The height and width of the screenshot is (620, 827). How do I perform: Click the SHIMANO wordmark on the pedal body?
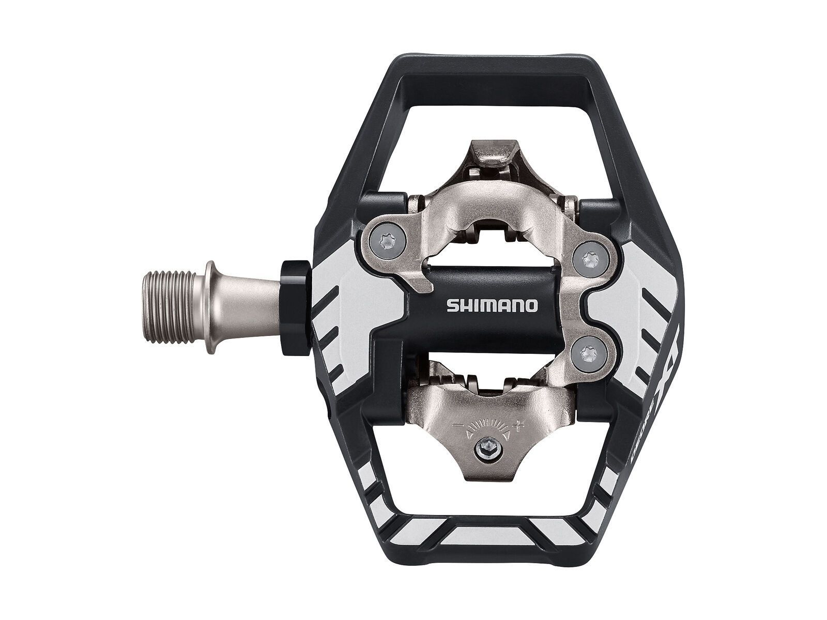click(x=492, y=306)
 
